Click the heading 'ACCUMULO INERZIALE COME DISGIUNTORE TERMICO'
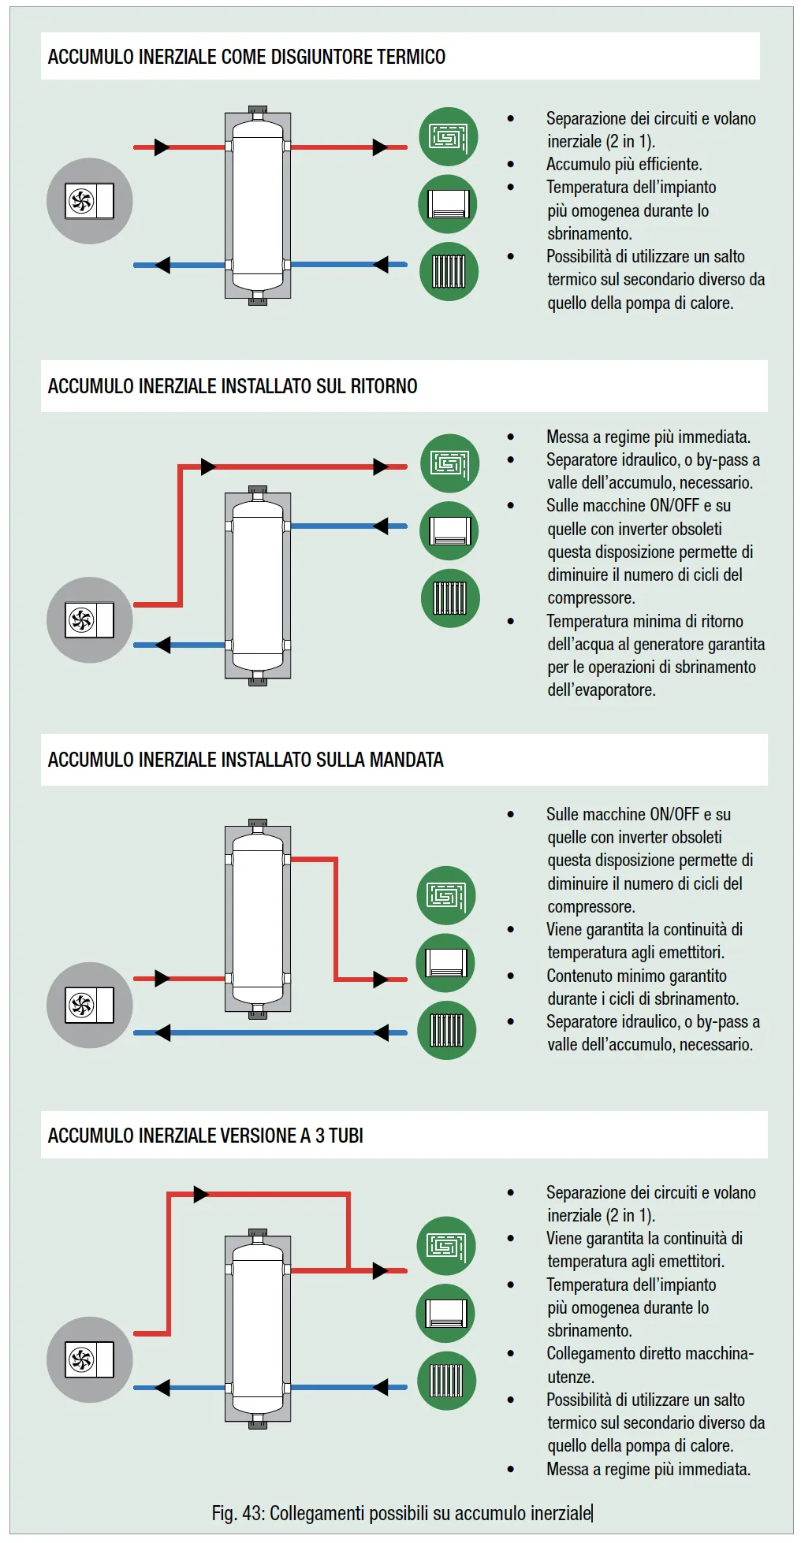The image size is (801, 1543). [246, 57]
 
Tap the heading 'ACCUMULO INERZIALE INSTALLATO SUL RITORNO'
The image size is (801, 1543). [233, 386]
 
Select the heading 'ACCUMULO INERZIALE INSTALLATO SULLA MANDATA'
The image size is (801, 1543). [245, 760]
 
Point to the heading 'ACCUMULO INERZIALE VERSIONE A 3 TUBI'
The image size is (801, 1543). [205, 1136]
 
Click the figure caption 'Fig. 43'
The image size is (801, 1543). [401, 1513]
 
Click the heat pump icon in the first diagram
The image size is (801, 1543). [89, 201]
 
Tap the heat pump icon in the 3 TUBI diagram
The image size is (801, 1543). [89, 1359]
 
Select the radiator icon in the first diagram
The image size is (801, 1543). [448, 271]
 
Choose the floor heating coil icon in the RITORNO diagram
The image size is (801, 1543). [449, 463]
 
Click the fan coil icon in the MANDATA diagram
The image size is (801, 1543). [445, 962]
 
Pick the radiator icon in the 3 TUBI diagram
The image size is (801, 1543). [445, 1381]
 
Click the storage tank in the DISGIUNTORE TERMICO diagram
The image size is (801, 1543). [258, 205]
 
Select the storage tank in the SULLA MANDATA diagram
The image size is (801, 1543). [258, 918]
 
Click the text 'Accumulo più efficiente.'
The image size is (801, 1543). [624, 164]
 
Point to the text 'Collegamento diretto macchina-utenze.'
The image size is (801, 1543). [650, 1365]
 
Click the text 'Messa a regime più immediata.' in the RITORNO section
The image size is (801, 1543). [648, 437]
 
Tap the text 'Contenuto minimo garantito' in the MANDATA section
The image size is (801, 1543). [636, 976]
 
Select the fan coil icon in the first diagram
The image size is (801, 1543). [448, 204]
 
